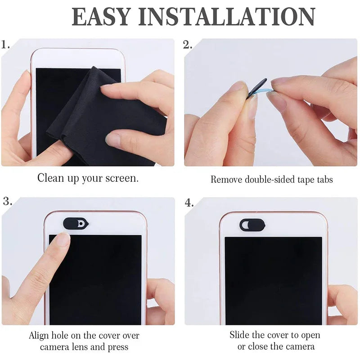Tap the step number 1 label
(6, 45)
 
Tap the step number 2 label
(188, 45)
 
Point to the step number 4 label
(189, 202)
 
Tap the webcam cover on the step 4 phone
(252, 225)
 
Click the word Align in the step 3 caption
(40, 336)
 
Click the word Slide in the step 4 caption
(240, 335)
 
